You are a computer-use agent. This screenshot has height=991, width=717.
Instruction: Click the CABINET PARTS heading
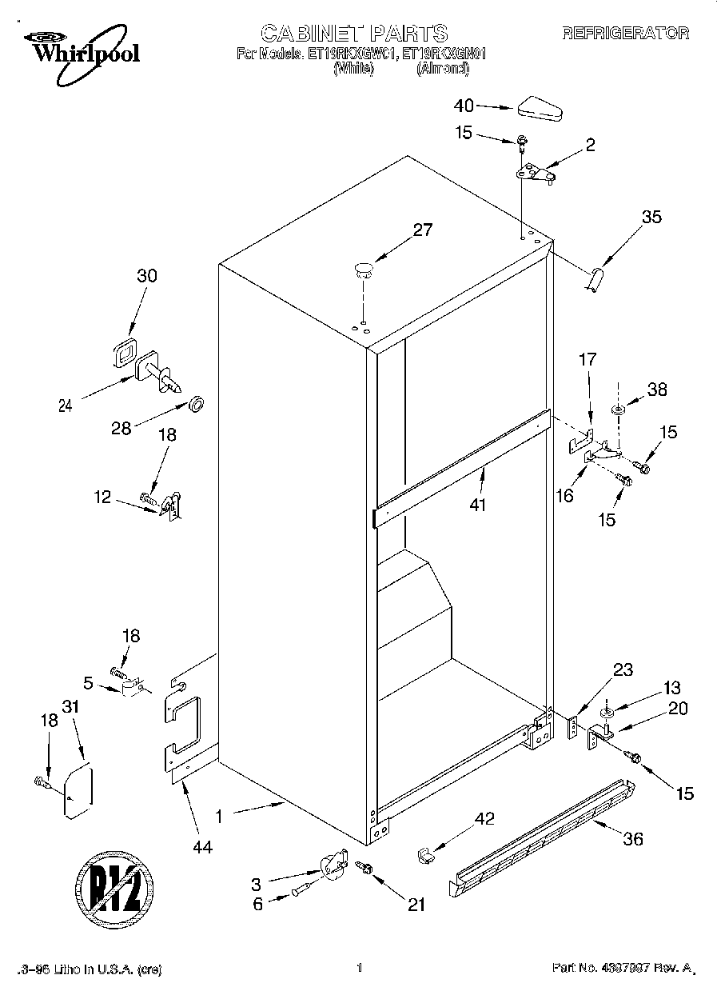(354, 33)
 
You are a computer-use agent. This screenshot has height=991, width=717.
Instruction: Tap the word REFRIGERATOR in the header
(626, 33)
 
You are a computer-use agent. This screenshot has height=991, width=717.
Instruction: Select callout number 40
(464, 105)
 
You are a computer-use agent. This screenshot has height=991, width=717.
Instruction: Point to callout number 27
(422, 230)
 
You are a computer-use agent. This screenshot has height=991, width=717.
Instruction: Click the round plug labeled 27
(364, 268)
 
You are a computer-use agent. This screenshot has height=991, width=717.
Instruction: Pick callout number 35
(651, 216)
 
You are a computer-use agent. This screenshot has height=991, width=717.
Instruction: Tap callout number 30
(146, 276)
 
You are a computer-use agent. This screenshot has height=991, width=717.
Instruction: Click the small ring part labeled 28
(194, 401)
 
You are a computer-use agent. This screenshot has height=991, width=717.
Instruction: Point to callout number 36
(632, 839)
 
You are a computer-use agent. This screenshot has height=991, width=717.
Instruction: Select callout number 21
(416, 905)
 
